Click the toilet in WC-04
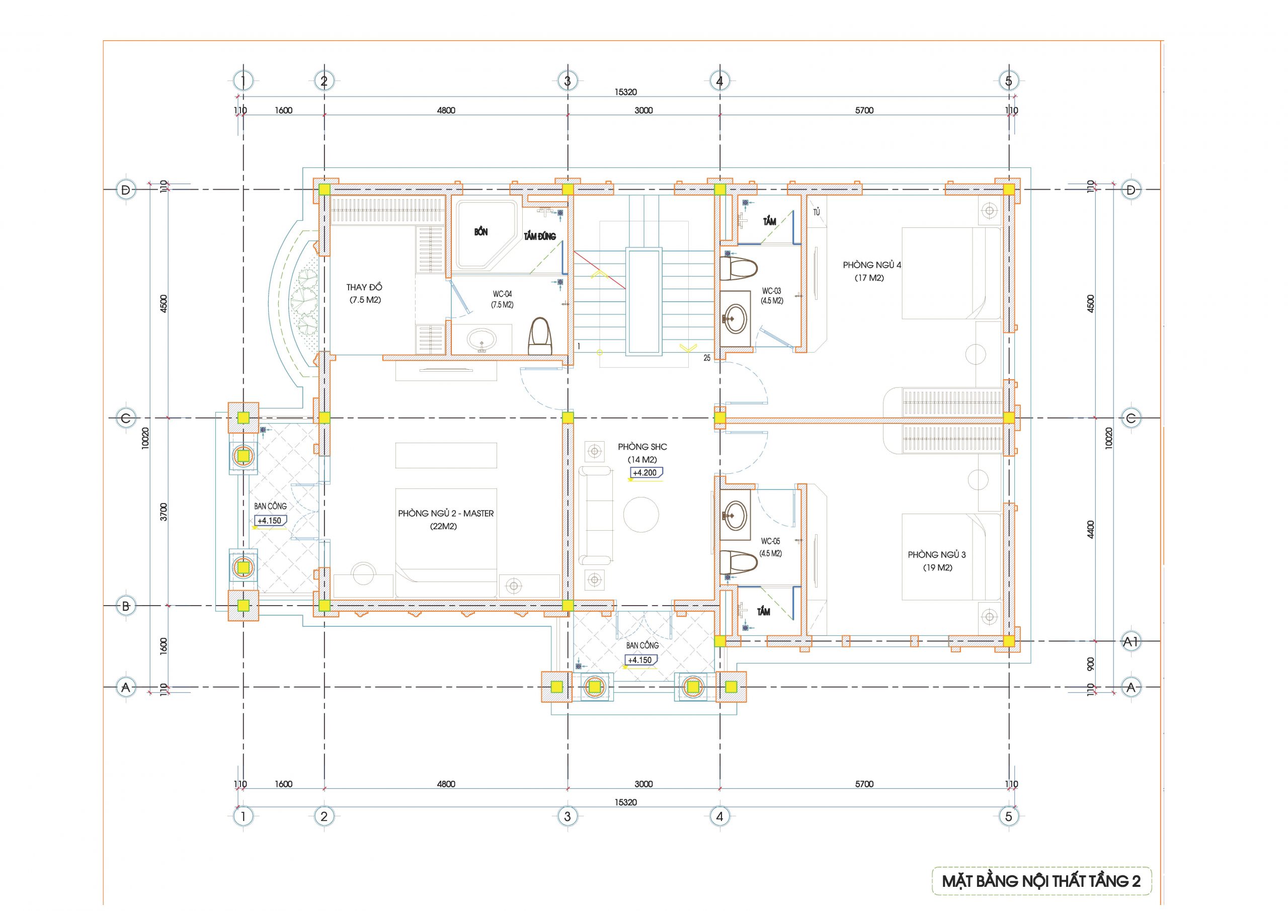click(x=540, y=336)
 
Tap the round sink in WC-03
click(x=735, y=318)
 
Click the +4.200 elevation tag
click(x=646, y=473)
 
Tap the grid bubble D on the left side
click(x=126, y=190)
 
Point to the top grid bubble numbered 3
click(x=567, y=81)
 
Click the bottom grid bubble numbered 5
click(x=1009, y=816)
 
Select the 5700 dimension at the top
click(x=864, y=111)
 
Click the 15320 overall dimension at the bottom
click(x=625, y=802)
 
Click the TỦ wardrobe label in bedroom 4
click(x=817, y=213)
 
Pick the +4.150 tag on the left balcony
click(x=270, y=521)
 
